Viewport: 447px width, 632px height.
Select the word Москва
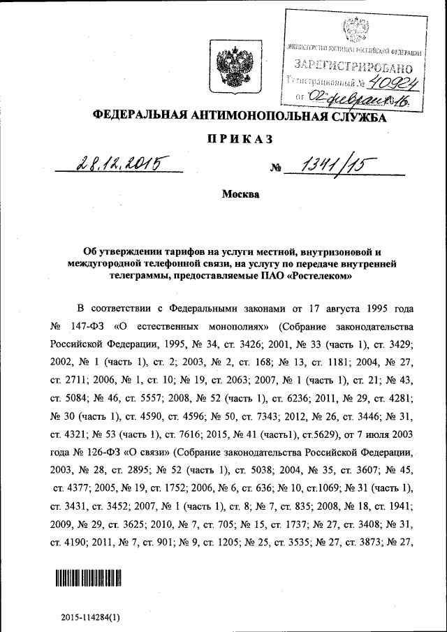[x=240, y=194]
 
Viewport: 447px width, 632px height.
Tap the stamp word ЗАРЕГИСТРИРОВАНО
[x=353, y=68]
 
